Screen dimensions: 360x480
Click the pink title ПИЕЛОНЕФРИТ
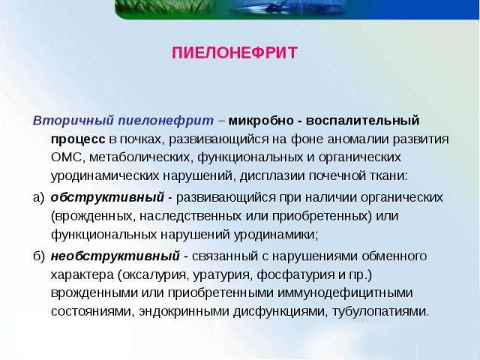coord(235,53)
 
